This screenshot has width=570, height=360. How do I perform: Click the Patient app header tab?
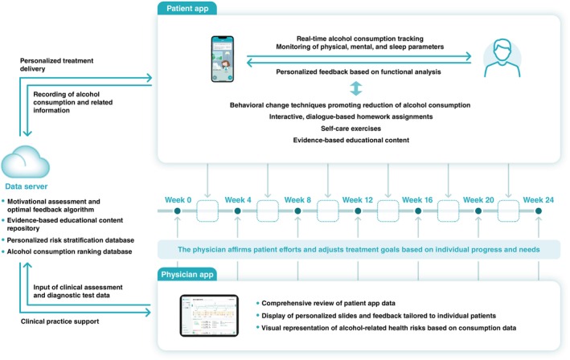[x=191, y=10]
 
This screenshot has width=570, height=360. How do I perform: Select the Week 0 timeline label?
[x=178, y=198]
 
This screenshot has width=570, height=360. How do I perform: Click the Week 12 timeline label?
[x=358, y=198]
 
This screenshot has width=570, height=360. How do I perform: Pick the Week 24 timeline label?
[x=538, y=198]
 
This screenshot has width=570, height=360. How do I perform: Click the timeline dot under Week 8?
[x=297, y=211]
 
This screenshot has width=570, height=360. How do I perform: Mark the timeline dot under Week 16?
[x=417, y=211]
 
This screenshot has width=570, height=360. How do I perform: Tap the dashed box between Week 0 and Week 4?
[x=208, y=211]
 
